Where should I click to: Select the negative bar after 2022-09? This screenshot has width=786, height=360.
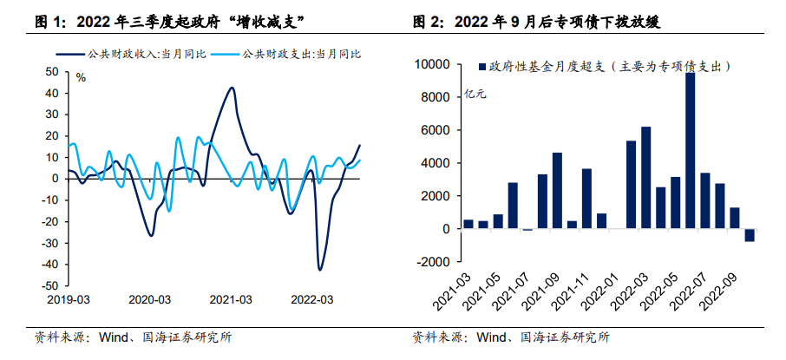coord(749,235)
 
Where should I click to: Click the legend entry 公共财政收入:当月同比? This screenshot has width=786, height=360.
coord(134,54)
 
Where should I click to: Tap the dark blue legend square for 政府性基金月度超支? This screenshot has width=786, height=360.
coord(481,66)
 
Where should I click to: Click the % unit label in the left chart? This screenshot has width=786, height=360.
coord(81,78)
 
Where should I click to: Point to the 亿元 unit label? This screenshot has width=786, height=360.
coord(475,94)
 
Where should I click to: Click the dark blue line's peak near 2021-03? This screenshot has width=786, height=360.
coord(232,88)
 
